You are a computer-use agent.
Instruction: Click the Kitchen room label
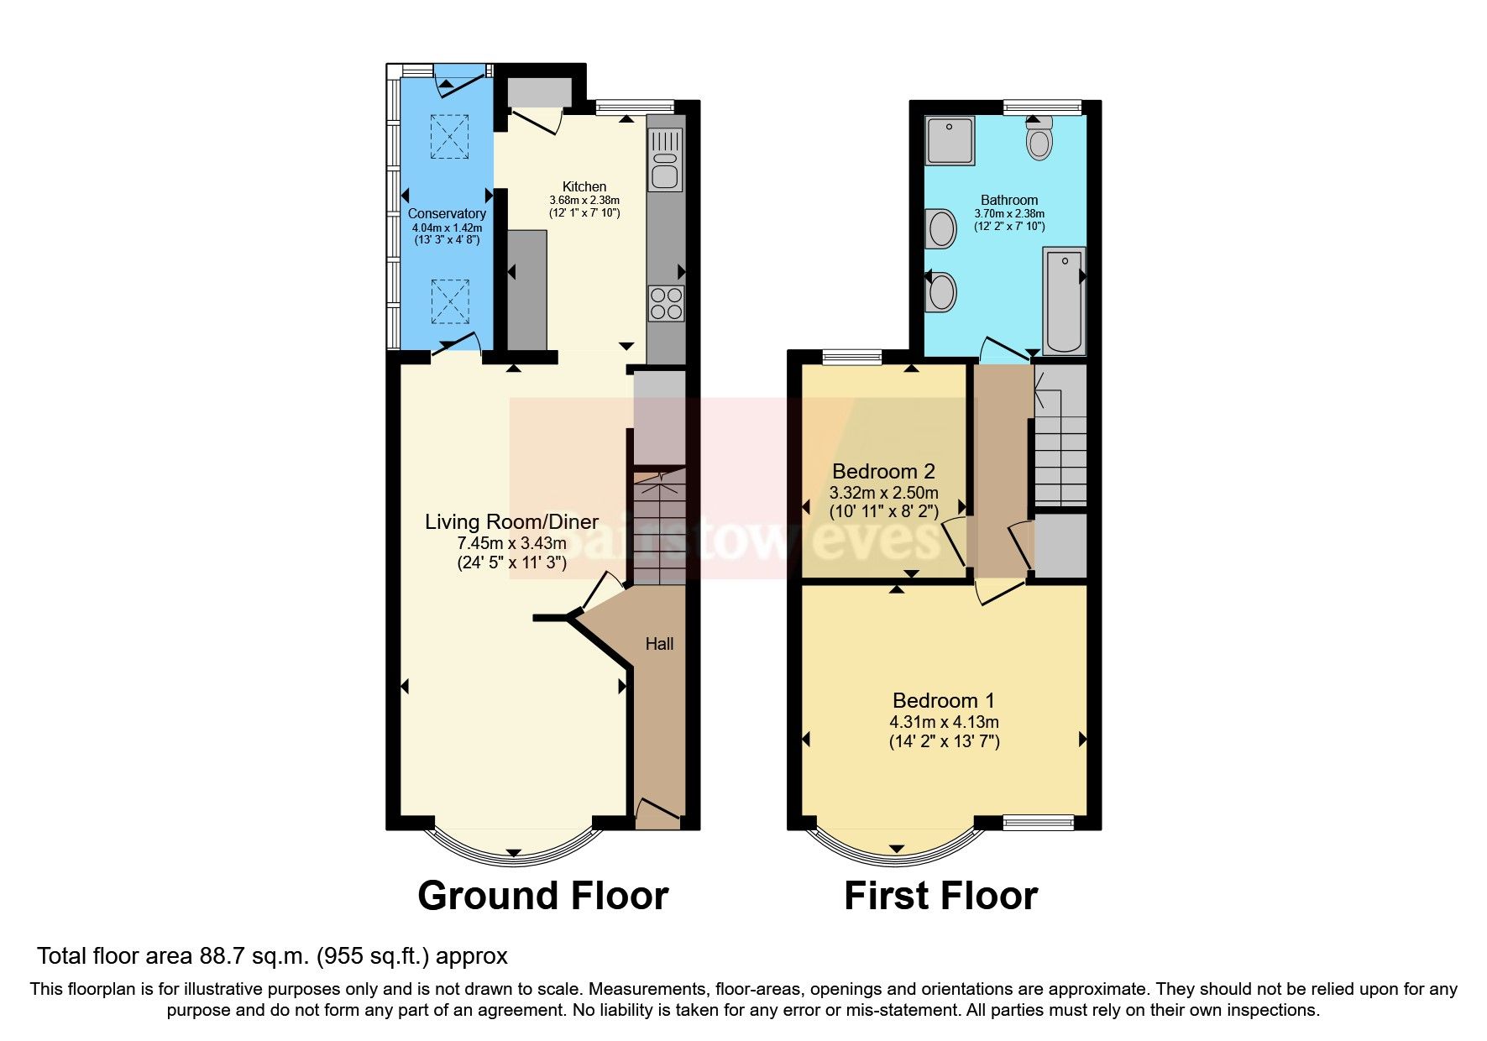pos(584,186)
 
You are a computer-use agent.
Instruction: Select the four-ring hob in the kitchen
pos(666,304)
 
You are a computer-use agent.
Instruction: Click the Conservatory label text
pos(447,214)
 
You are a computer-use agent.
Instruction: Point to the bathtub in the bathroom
pos(1064,300)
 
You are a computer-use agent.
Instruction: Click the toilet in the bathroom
pos(1039,139)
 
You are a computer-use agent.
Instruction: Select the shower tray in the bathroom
pos(950,140)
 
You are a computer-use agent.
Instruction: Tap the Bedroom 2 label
pos(883,471)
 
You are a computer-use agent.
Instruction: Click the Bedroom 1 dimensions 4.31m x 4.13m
pos(944,722)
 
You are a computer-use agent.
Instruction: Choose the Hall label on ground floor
pos(659,644)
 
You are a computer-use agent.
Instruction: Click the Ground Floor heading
pos(542,896)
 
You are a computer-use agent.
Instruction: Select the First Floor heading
pos(940,896)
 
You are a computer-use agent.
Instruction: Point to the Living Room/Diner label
pos(511,521)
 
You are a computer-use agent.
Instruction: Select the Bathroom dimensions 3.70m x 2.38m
pos(1009,213)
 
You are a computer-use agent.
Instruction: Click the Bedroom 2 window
pos(851,358)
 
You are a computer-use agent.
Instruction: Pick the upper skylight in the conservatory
pos(449,136)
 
